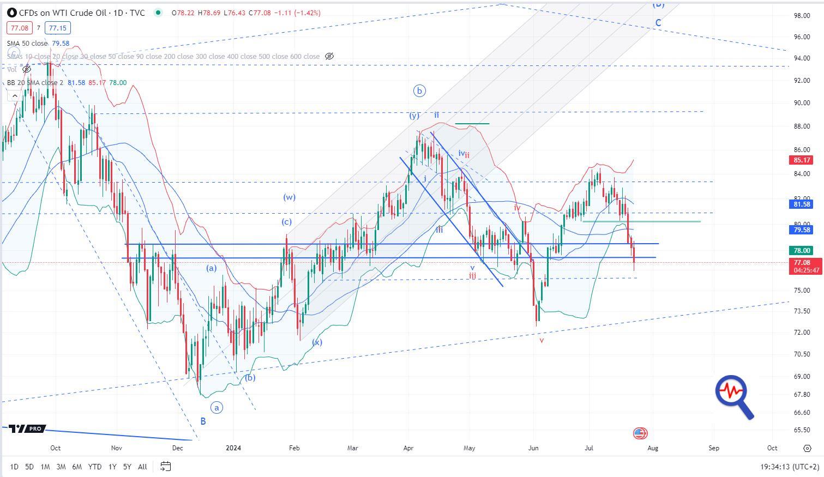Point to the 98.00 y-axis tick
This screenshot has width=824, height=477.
[x=801, y=16]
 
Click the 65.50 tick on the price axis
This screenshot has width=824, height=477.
[x=801, y=430]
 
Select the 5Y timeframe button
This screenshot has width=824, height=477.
[x=127, y=467]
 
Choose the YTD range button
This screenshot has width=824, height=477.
[x=95, y=467]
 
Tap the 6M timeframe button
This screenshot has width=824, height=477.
[x=77, y=467]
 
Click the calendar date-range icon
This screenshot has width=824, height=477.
[x=166, y=466]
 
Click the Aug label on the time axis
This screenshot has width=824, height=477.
[x=653, y=448]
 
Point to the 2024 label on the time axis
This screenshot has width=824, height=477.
[x=233, y=448]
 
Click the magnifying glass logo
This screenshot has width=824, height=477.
[x=734, y=396]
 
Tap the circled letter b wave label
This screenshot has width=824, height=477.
[x=419, y=91]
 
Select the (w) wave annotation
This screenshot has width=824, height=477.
[x=289, y=197]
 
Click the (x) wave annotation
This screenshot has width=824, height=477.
[x=317, y=342]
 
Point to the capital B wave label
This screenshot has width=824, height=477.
[x=203, y=421]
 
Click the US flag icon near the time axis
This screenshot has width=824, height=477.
[x=640, y=433]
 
